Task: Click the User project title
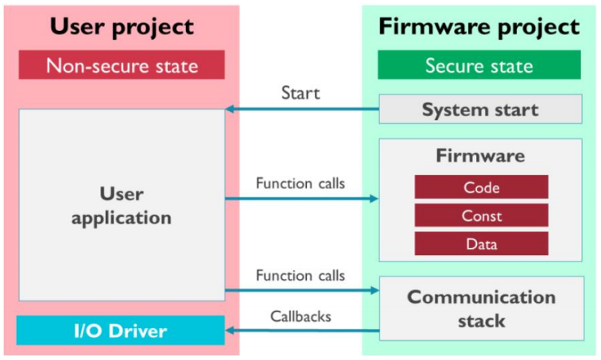(x=122, y=26)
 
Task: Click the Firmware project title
(x=479, y=26)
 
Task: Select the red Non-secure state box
(x=122, y=65)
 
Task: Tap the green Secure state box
(x=479, y=65)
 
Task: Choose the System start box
(x=480, y=110)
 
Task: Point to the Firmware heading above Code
(x=480, y=156)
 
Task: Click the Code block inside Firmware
(x=481, y=188)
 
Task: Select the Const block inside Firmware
(x=481, y=215)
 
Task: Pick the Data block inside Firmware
(x=481, y=244)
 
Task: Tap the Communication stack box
(x=480, y=308)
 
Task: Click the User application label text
(x=122, y=205)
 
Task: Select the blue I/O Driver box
(x=122, y=330)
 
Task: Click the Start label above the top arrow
(x=300, y=93)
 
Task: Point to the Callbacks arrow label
(x=300, y=315)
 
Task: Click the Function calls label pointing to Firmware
(x=300, y=184)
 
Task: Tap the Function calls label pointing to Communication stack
(x=300, y=276)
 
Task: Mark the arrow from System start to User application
(x=302, y=109)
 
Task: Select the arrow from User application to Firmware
(x=302, y=199)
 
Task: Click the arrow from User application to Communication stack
(x=302, y=290)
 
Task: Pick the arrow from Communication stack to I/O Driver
(x=302, y=330)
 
